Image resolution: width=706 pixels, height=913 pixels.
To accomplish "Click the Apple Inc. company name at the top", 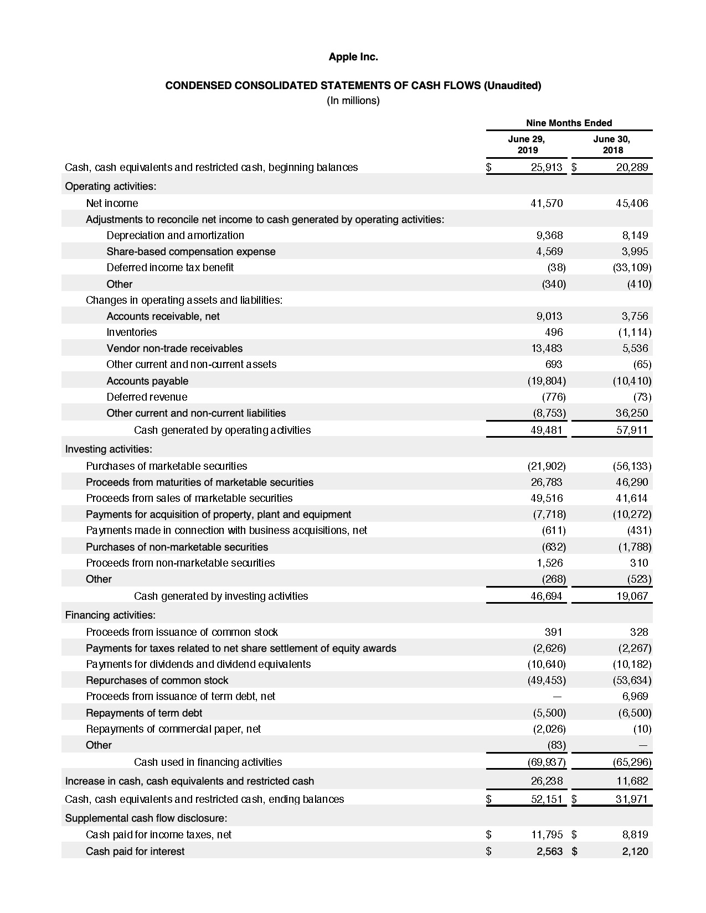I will pos(353,57).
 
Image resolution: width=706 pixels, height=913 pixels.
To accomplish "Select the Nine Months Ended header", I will pos(569,123).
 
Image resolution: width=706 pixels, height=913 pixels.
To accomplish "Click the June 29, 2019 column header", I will pos(527,144).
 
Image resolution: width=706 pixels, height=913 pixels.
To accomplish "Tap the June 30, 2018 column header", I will pos(611,144).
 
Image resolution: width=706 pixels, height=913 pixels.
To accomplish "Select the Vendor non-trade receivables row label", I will pos(174,348).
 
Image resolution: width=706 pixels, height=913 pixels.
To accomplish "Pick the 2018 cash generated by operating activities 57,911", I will pos(632,430).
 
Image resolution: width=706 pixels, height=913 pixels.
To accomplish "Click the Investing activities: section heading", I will pos(109,449).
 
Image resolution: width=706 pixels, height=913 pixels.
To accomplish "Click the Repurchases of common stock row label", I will pos(157,680).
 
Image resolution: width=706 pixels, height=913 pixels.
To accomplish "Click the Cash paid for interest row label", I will pos(135,851).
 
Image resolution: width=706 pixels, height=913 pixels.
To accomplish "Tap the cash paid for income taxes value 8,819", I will pos(635,834).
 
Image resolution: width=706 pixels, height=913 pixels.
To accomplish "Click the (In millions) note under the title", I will pos(353,101).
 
